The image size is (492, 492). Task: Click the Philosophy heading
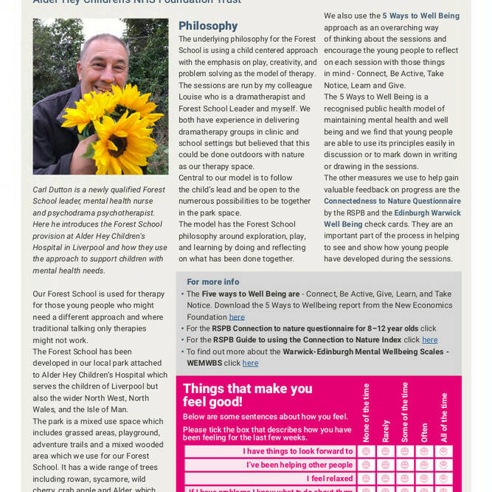pyautogui.click(x=208, y=26)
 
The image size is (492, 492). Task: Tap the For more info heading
pyautogui.click(x=212, y=282)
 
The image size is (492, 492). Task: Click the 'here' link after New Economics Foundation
pyautogui.click(x=237, y=317)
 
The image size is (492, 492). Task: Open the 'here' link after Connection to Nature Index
pyautogui.click(x=429, y=340)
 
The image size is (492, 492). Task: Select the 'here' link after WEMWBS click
pyautogui.click(x=250, y=363)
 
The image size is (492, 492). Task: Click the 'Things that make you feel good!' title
pyautogui.click(x=247, y=395)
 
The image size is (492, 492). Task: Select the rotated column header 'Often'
pyautogui.click(x=424, y=432)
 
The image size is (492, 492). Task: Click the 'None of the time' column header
pyautogui.click(x=366, y=412)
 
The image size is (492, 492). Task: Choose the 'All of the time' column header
pyautogui.click(x=443, y=417)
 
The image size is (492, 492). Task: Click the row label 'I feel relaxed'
pyautogui.click(x=330, y=479)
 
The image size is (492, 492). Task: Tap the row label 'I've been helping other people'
pyautogui.click(x=299, y=465)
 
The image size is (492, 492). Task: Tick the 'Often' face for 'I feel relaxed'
pyautogui.click(x=424, y=479)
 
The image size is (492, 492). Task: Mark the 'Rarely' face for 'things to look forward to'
pyautogui.click(x=385, y=451)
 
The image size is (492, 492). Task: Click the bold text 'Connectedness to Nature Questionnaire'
pyautogui.click(x=392, y=201)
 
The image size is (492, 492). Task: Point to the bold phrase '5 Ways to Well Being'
pyautogui.click(x=420, y=15)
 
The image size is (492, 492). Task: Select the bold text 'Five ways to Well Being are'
pyautogui.click(x=251, y=294)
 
